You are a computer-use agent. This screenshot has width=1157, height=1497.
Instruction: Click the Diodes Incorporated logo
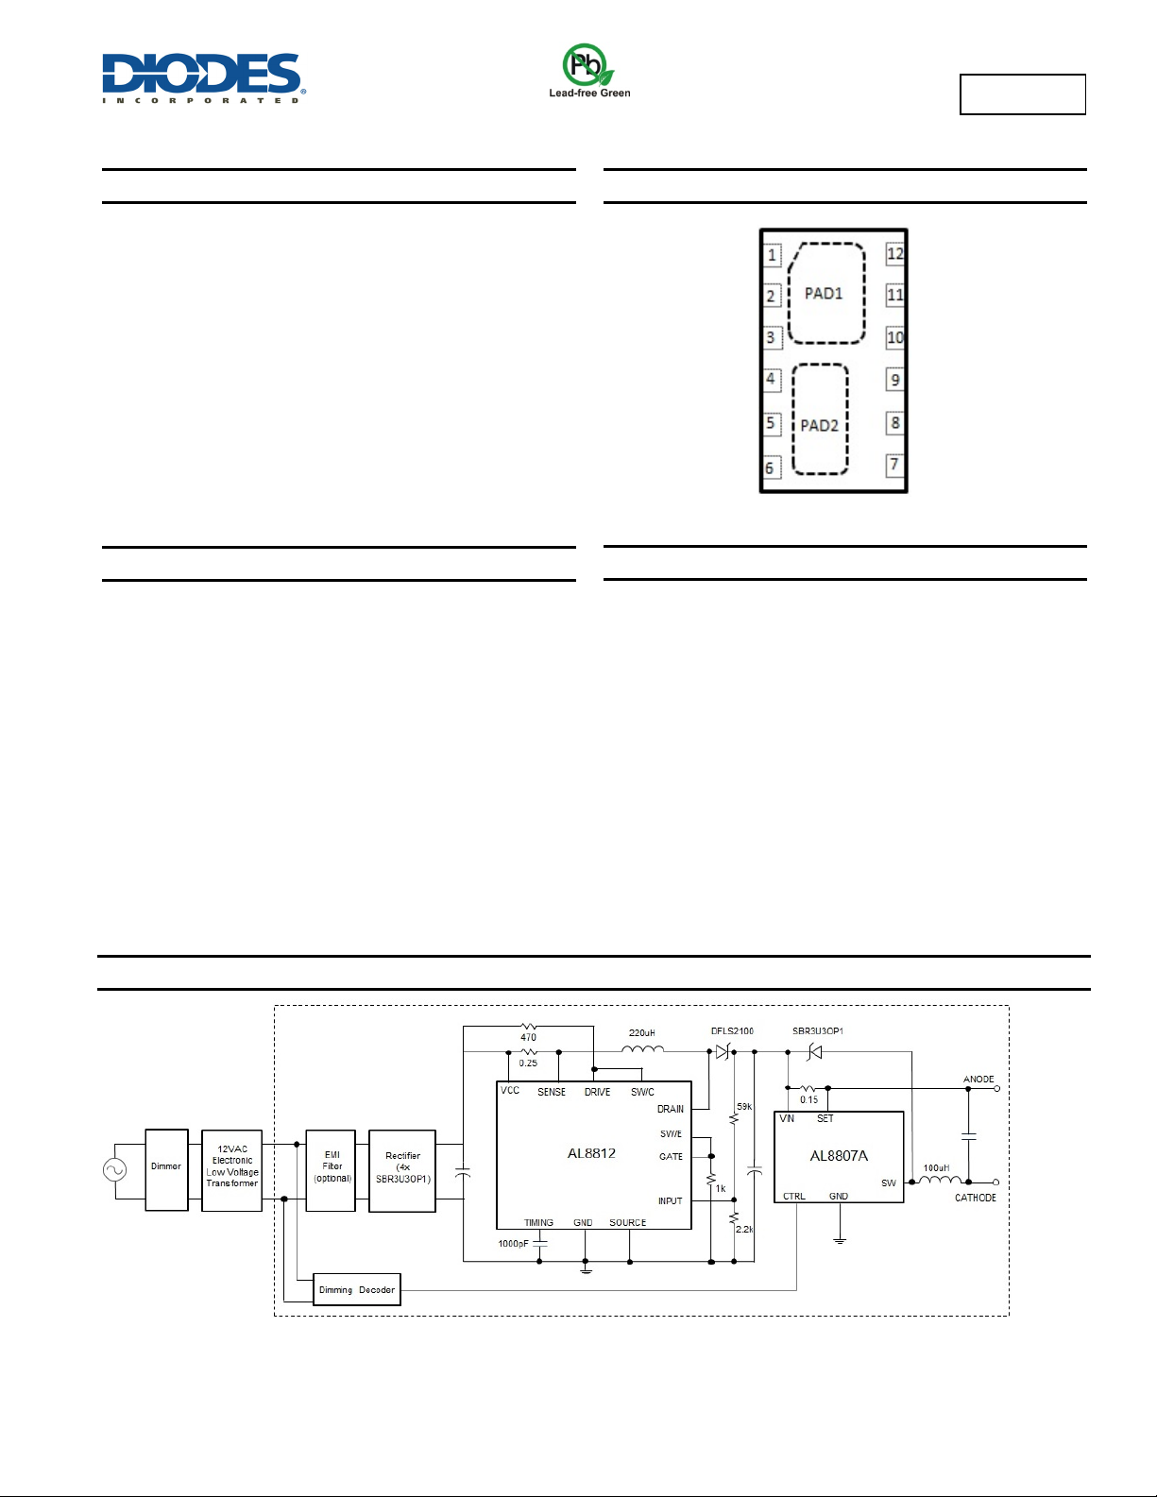(x=204, y=77)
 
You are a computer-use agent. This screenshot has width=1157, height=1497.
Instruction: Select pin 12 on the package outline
(x=894, y=253)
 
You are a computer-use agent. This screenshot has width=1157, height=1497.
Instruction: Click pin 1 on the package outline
(x=772, y=255)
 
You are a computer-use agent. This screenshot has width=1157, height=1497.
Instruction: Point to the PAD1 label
(x=824, y=294)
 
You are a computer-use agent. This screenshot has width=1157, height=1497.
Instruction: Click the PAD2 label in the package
(x=819, y=426)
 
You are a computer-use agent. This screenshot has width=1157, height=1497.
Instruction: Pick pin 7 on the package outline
(x=894, y=465)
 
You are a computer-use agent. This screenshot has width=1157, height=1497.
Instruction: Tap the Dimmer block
(x=166, y=1170)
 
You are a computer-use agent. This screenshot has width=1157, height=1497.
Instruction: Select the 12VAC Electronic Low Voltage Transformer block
(x=232, y=1170)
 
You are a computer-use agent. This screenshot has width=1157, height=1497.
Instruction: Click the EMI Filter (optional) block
(x=332, y=1170)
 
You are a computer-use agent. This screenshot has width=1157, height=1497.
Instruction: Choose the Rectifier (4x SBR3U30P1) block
(x=402, y=1170)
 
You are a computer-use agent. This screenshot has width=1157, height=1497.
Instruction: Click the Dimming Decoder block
(x=357, y=1289)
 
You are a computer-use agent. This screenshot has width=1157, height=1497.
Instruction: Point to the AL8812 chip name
(x=591, y=1153)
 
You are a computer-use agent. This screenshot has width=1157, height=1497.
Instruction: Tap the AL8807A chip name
(x=839, y=1156)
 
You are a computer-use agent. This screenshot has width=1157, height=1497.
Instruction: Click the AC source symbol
(x=115, y=1169)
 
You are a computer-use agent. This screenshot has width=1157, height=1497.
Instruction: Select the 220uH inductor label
(x=642, y=1032)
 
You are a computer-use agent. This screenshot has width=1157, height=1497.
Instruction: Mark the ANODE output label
(x=978, y=1079)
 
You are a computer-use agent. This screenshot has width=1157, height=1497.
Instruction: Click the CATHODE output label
(x=975, y=1198)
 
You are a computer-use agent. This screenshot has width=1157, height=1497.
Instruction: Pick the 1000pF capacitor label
(x=514, y=1244)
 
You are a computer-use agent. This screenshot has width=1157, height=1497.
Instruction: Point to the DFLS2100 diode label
(x=732, y=1031)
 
